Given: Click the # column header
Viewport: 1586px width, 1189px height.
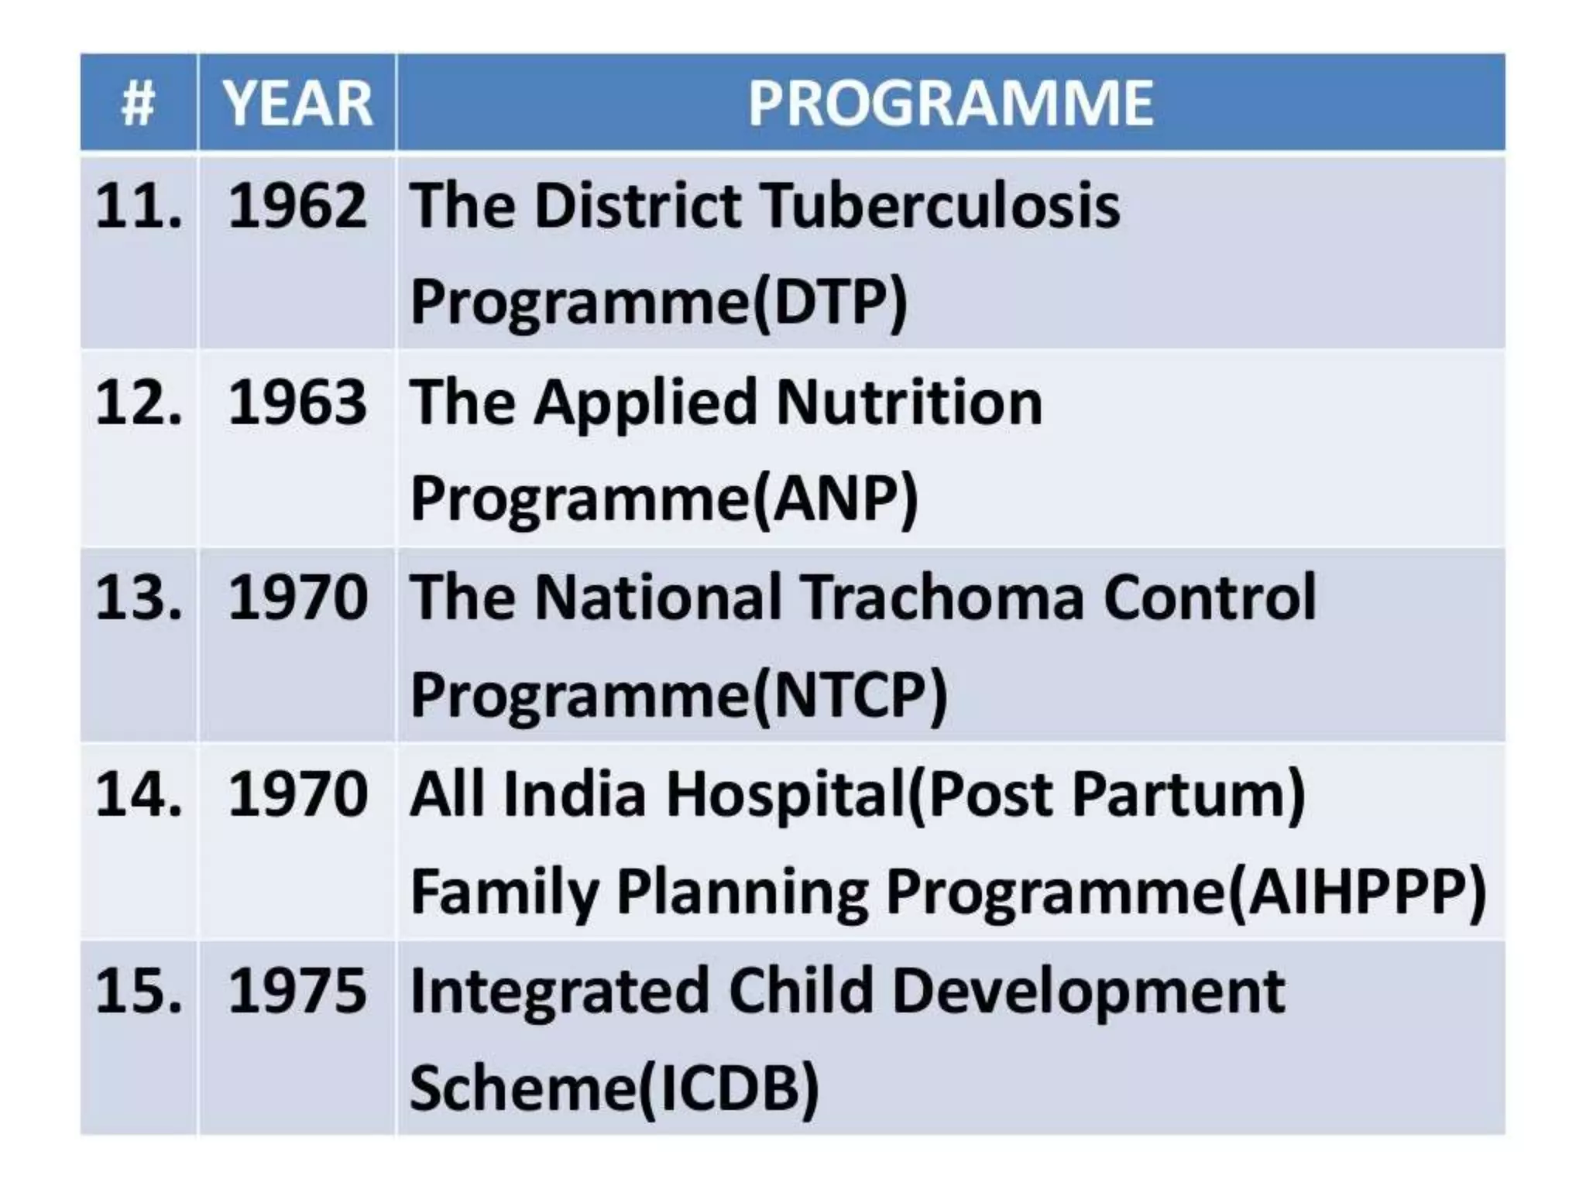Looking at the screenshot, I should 138,103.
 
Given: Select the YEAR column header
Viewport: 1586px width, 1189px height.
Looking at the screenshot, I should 297,103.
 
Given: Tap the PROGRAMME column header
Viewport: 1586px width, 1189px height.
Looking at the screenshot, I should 950,103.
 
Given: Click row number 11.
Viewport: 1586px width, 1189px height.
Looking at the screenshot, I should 138,207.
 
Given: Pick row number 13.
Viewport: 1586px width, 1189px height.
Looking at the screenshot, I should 138,598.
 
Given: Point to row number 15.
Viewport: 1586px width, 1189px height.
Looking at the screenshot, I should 138,990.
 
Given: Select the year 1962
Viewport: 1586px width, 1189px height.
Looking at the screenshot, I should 297,207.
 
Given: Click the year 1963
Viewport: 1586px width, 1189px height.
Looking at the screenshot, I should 297,403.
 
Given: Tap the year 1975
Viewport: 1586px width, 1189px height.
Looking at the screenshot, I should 297,990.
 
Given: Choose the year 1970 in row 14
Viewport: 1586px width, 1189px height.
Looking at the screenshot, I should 297,794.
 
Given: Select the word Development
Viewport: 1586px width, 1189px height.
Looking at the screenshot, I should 1088,992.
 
